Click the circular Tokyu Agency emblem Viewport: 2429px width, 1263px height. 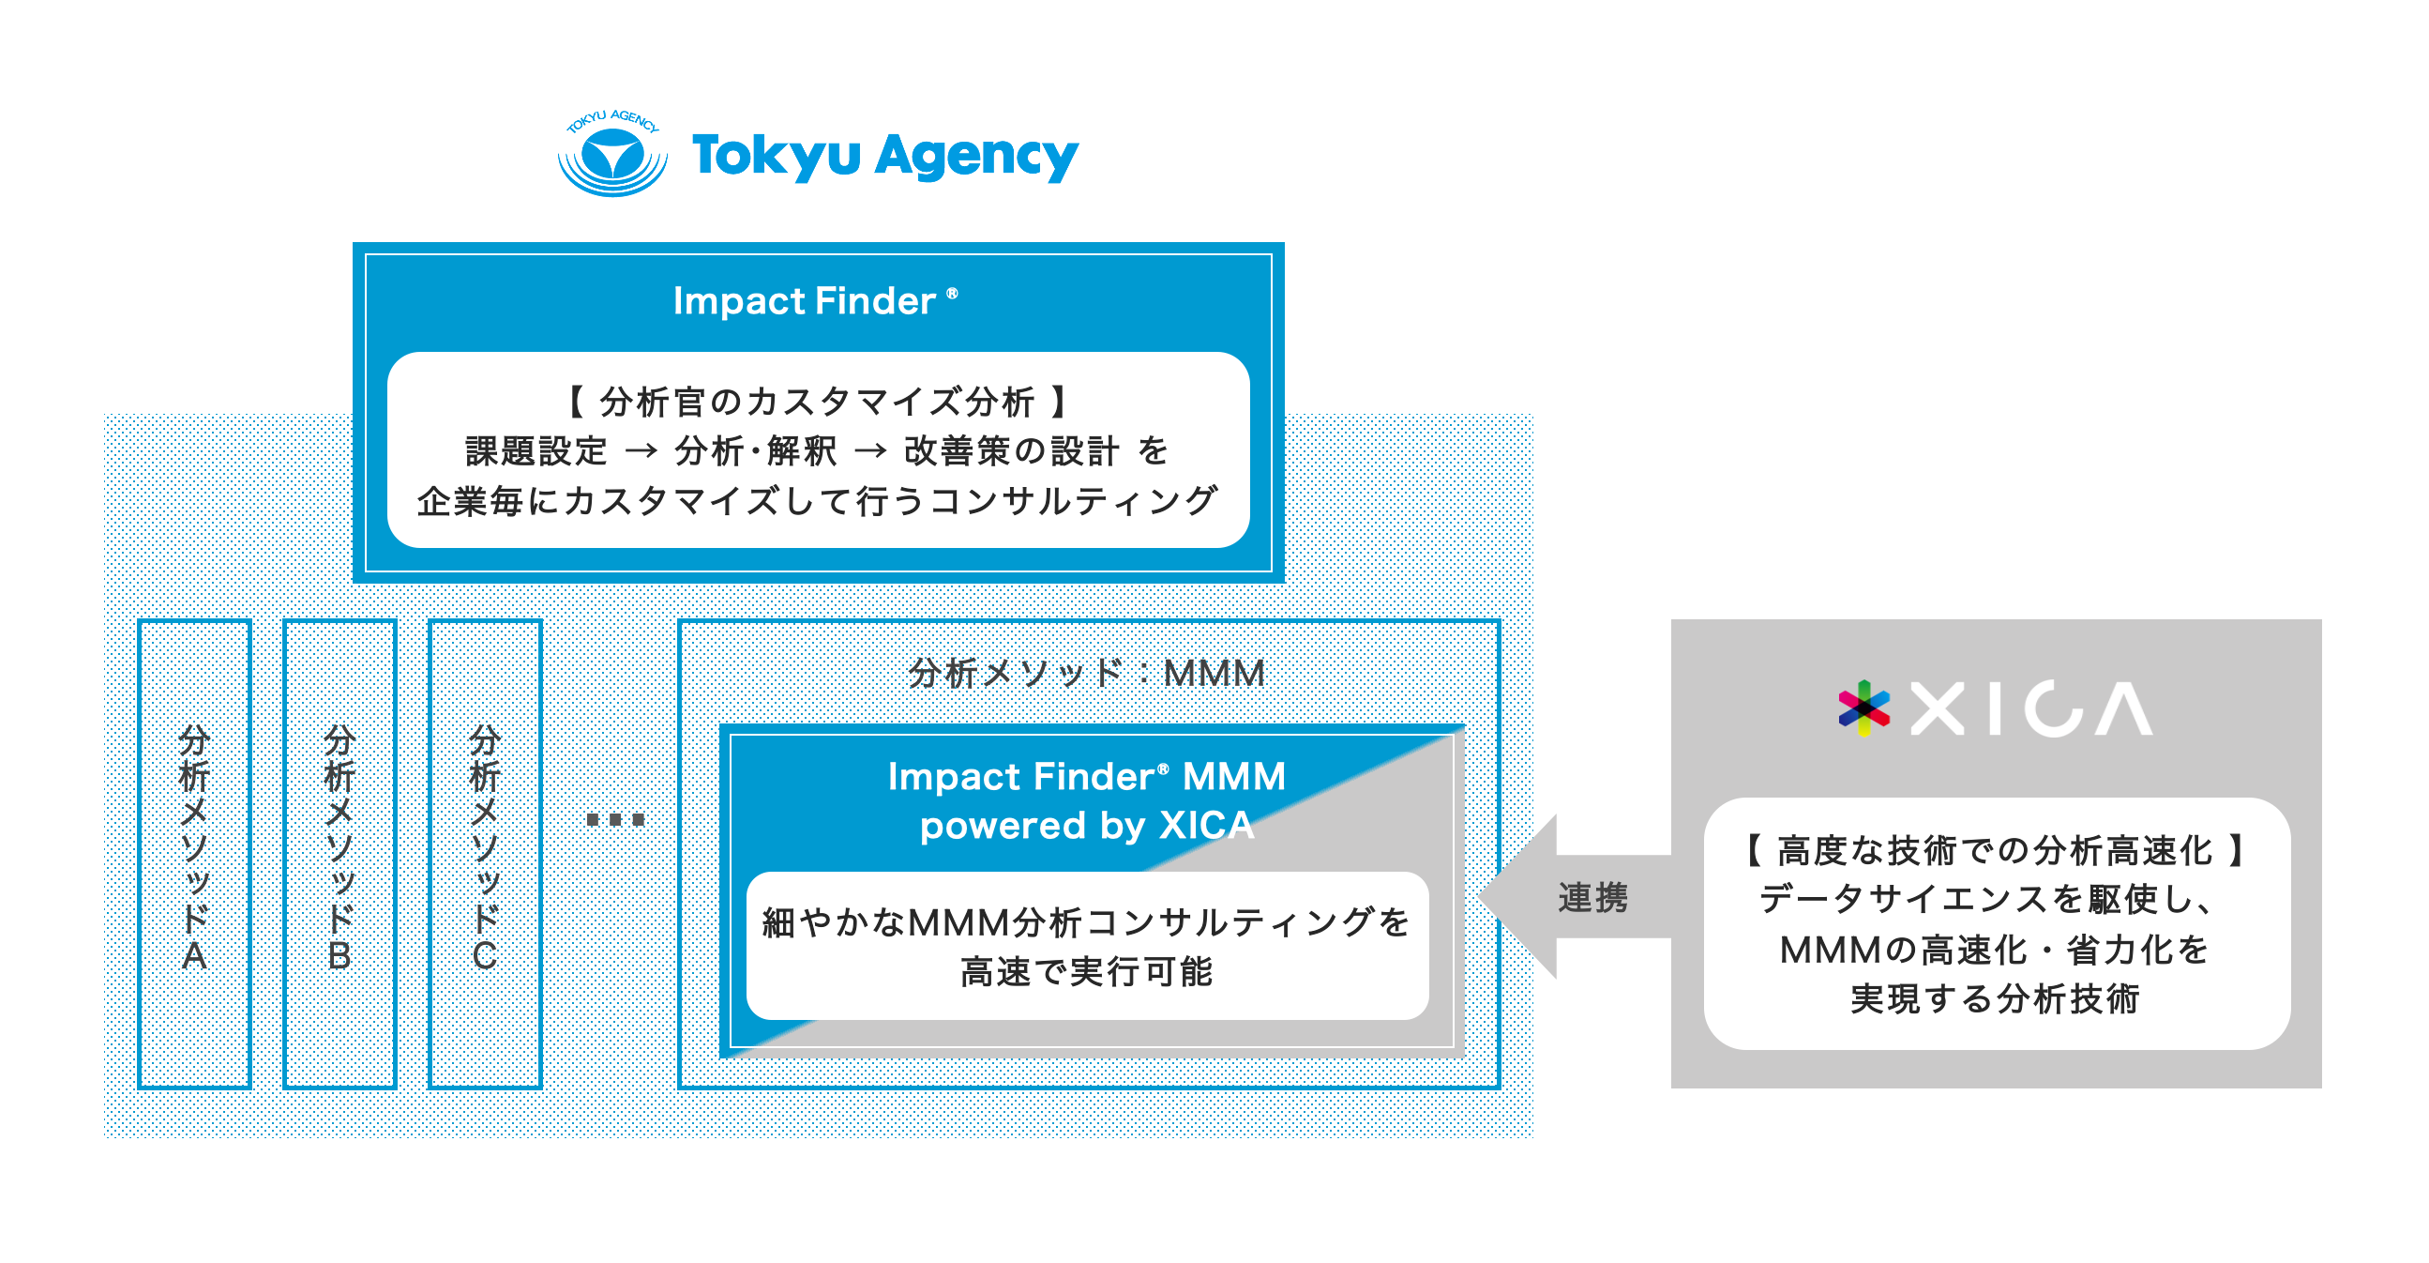pos(613,153)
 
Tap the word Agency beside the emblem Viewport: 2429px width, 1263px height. pos(976,157)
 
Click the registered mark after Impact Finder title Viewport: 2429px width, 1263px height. pos(952,294)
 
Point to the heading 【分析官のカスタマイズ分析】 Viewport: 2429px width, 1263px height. pos(818,402)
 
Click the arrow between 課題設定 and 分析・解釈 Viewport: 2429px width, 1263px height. pos(641,450)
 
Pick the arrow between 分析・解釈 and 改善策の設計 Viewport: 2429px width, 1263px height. pos(870,450)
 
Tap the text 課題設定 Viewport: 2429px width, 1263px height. pos(536,450)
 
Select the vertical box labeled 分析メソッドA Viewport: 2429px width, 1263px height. pos(194,854)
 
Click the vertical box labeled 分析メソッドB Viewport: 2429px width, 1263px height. pos(339,854)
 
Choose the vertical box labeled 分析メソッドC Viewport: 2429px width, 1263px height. pos(485,854)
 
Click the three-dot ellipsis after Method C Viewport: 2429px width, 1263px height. pos(615,819)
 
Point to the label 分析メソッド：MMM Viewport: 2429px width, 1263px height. pos(1086,673)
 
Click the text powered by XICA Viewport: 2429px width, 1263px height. pos(1087,826)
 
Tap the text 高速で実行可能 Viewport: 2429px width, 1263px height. pos(1087,970)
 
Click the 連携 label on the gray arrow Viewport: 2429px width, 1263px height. pos(1592,897)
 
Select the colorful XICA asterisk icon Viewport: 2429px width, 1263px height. pos(1864,708)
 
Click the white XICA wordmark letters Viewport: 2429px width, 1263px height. pos(2031,708)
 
